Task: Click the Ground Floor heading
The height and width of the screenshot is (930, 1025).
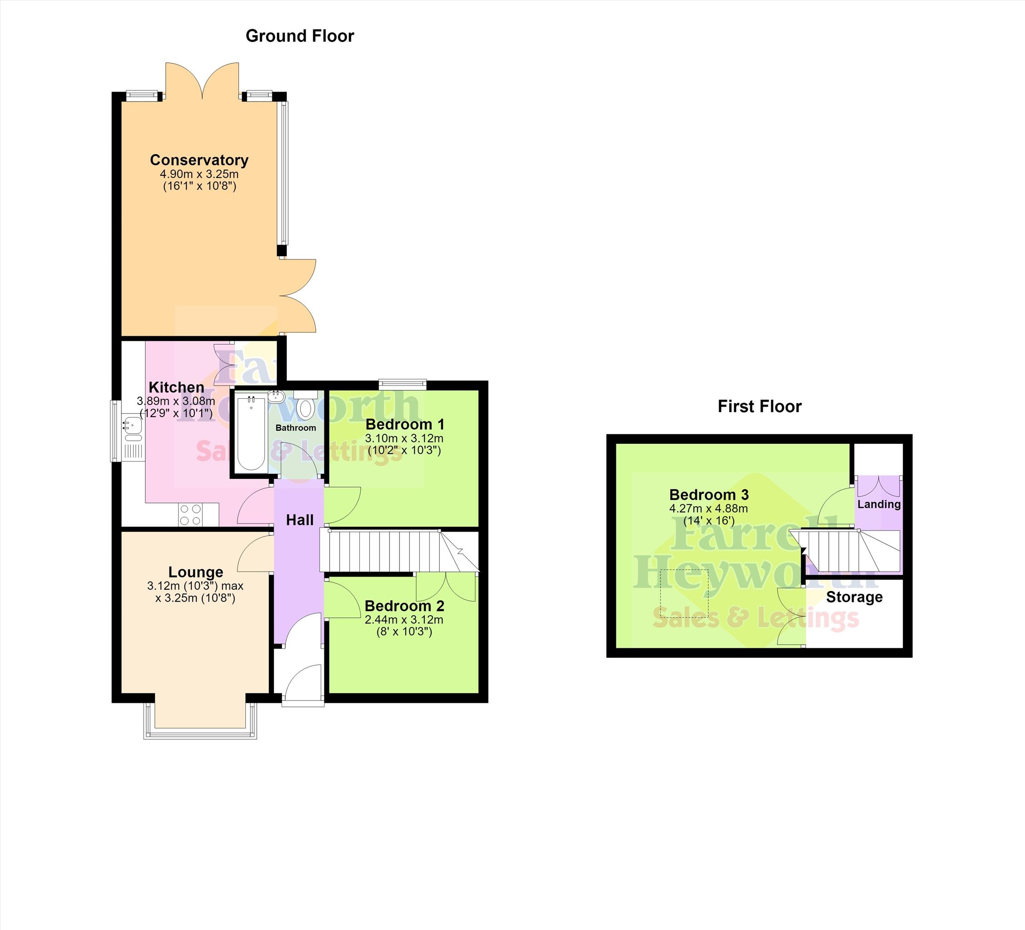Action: coord(299,36)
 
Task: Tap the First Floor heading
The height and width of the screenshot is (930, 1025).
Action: coord(760,406)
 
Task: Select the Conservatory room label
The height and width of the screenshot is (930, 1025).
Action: coord(199,160)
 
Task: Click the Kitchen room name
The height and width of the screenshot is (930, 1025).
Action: coord(176,387)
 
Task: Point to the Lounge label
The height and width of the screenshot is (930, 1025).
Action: coord(196,572)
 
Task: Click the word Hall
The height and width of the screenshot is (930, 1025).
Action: coord(300,520)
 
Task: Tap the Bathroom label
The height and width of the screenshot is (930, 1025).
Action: coord(295,428)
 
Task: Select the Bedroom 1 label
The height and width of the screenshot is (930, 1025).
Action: coord(405,424)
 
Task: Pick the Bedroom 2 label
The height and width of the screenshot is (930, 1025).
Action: coord(404,606)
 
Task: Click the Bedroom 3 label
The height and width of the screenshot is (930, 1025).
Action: coord(709,494)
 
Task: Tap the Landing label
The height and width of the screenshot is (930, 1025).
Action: coord(879,504)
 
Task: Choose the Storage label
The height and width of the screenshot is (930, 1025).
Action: coord(854,597)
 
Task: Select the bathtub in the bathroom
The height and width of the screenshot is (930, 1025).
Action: coord(251,433)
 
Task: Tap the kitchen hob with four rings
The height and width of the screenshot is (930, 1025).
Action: coord(190,514)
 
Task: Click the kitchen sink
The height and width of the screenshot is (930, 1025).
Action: coord(132,427)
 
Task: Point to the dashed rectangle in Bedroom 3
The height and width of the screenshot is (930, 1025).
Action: coord(684,593)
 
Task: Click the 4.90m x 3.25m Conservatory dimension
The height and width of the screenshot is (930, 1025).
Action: coord(199,174)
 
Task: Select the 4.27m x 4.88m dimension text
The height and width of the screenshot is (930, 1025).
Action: coord(709,508)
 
